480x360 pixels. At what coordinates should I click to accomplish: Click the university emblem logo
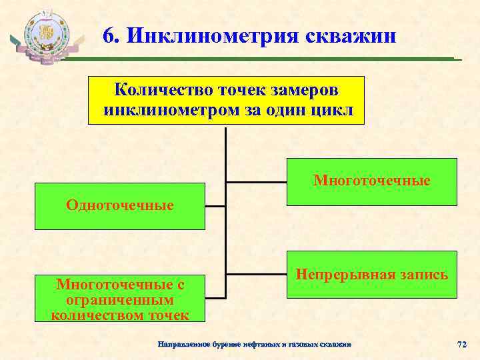[x=45, y=37]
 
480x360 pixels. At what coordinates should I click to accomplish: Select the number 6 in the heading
[x=109, y=35]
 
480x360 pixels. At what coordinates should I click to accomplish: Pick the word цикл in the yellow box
[x=331, y=109]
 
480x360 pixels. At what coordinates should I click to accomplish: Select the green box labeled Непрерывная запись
[x=372, y=274]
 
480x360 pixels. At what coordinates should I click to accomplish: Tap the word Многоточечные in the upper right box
[x=372, y=181]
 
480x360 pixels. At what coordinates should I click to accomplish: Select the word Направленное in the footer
[x=183, y=345]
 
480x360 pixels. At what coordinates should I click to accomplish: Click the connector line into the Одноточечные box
[x=215, y=207]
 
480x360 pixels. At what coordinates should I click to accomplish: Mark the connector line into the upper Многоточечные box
[x=257, y=181]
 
